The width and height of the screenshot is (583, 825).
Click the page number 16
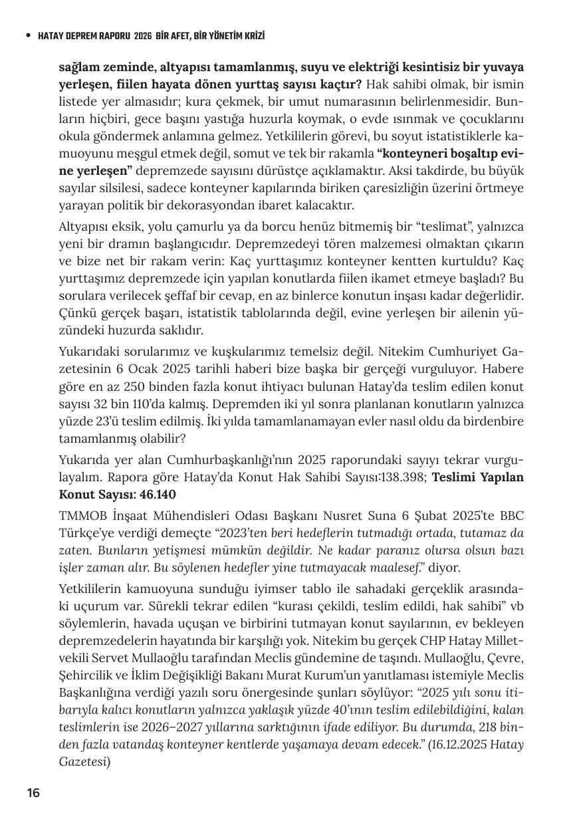pyautogui.click(x=33, y=792)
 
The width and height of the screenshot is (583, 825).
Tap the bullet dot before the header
pyautogui.click(x=27, y=35)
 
